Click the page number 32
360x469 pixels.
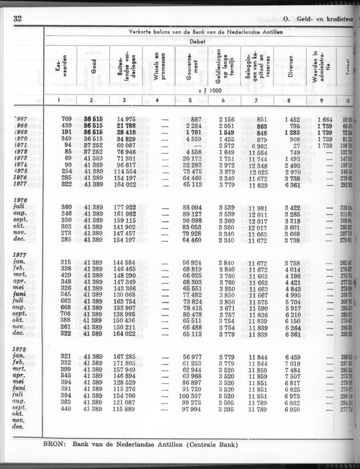18,18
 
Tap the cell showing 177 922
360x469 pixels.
124,207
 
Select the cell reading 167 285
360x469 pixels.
124,356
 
